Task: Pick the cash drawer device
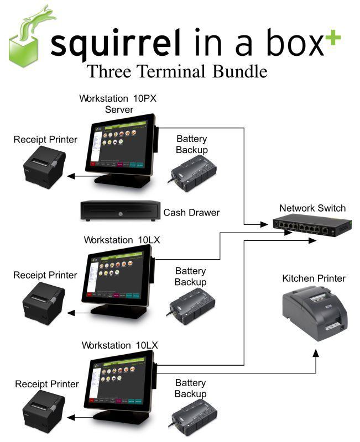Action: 118,210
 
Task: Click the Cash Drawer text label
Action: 191,212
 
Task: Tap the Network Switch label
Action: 312,208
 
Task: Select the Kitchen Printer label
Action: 314,278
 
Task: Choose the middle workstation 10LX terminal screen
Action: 118,276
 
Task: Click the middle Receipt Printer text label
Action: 45,275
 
